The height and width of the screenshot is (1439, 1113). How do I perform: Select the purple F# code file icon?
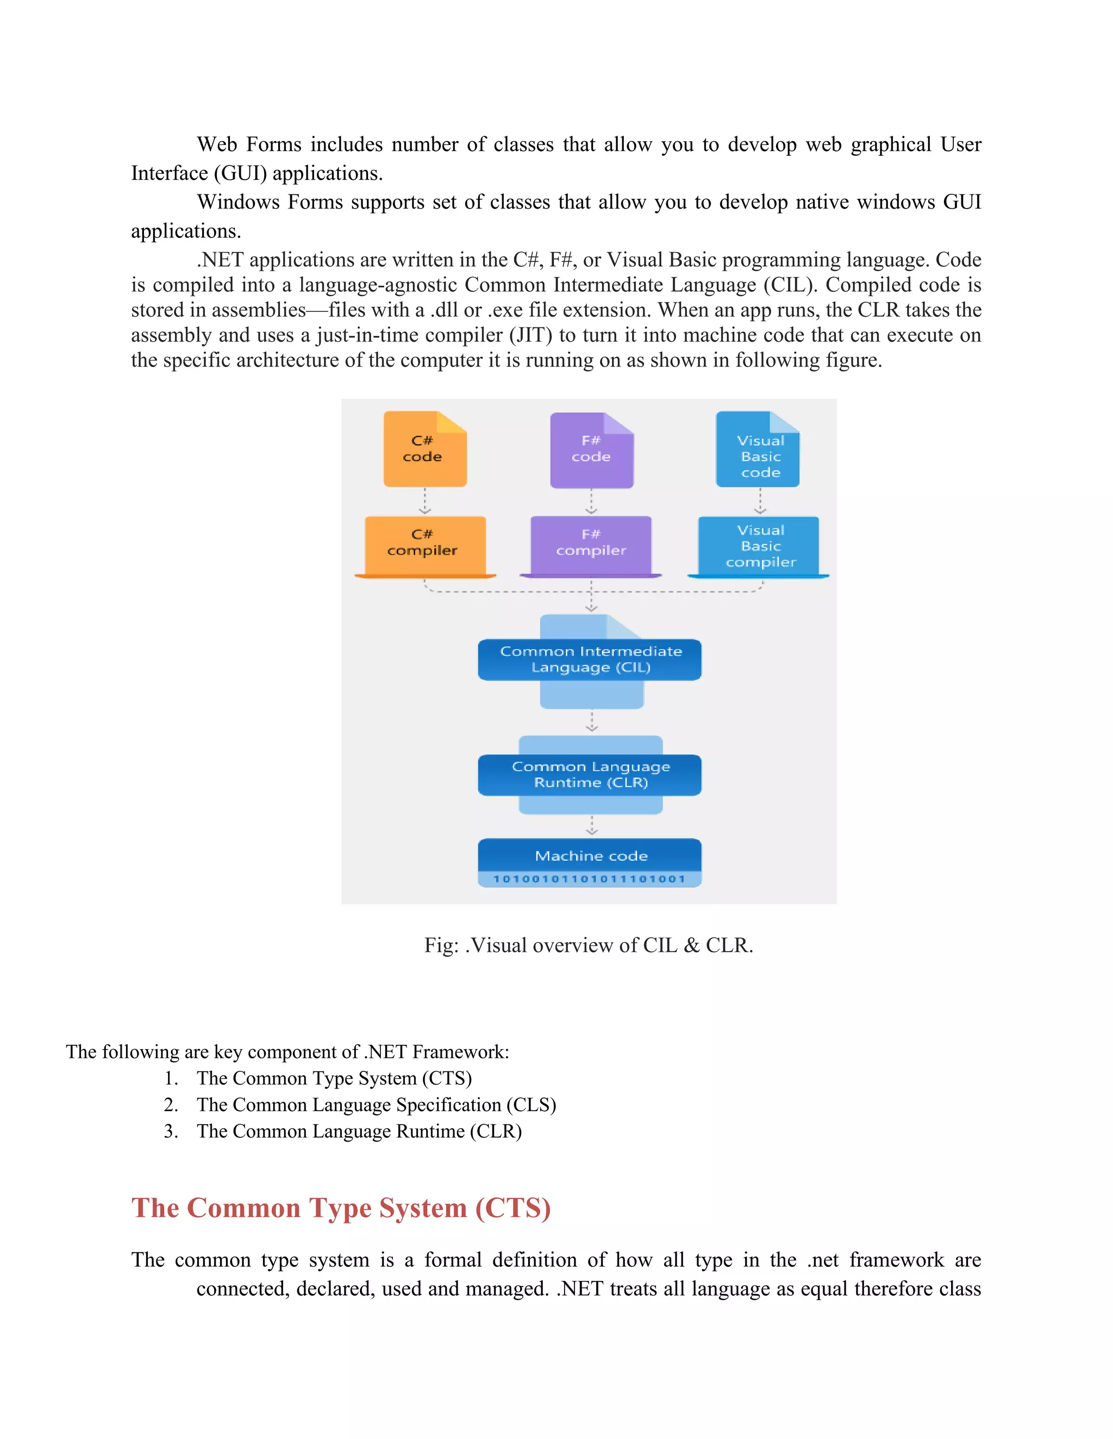coord(591,450)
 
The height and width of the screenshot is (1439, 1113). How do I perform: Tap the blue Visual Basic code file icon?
coord(758,450)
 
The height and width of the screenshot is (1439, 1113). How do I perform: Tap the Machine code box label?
coord(591,856)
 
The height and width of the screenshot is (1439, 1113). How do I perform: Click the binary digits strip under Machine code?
coord(590,879)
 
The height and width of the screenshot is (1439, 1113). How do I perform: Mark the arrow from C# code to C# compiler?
coord(424,501)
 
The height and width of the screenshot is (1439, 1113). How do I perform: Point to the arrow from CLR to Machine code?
coord(591,825)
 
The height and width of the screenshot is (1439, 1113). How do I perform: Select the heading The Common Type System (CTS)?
coord(341,1208)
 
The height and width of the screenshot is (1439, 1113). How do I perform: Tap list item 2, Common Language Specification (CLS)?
coord(376,1105)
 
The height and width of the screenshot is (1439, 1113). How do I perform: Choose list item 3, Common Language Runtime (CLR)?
coord(359,1131)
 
